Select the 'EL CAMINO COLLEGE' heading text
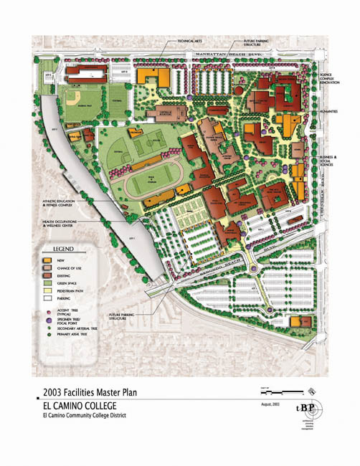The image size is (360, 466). click(77, 404)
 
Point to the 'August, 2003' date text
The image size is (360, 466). click(271, 406)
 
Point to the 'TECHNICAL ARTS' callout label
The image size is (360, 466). click(188, 42)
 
